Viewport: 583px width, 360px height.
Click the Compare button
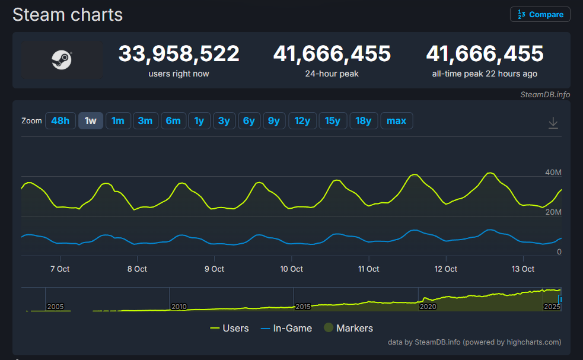click(540, 14)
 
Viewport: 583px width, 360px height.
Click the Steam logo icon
click(62, 60)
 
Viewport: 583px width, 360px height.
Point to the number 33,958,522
click(179, 54)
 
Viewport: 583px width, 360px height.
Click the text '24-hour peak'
click(332, 74)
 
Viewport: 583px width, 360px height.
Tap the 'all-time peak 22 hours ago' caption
click(485, 74)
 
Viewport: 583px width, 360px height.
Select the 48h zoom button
click(60, 121)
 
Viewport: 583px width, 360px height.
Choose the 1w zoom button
click(91, 121)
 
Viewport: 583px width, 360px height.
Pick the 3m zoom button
click(145, 121)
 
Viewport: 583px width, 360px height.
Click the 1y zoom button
click(199, 121)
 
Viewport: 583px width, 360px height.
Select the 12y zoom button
click(302, 121)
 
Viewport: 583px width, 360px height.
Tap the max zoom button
click(396, 121)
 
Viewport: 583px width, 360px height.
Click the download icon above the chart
click(553, 122)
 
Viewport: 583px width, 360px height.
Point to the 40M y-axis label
click(553, 173)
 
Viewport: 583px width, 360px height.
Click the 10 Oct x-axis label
click(291, 269)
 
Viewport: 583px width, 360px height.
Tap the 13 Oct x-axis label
click(523, 269)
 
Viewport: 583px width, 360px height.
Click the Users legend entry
click(230, 328)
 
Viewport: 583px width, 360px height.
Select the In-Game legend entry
click(286, 328)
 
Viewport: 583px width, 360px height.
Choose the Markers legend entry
click(348, 328)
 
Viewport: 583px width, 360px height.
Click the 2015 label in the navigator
click(303, 307)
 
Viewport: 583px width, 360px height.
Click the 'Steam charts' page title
click(68, 15)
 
